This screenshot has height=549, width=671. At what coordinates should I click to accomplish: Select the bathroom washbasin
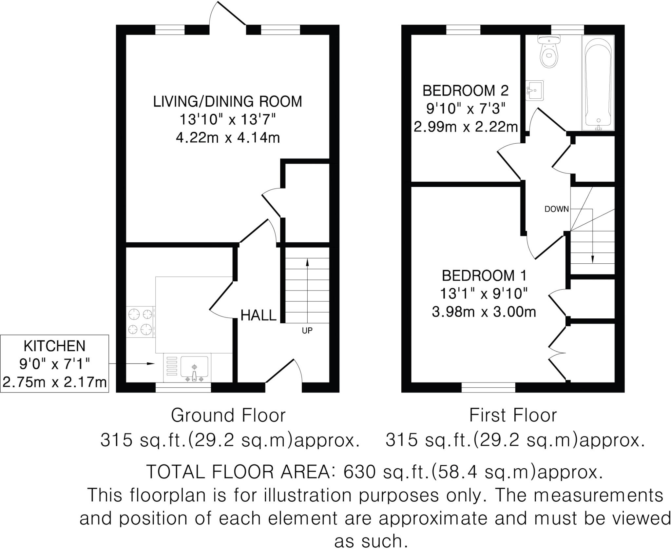click(x=535, y=89)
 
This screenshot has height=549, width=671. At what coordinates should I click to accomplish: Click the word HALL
click(x=259, y=315)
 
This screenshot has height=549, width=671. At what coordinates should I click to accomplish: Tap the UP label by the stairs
click(x=307, y=331)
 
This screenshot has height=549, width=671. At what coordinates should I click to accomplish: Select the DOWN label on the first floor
click(x=557, y=209)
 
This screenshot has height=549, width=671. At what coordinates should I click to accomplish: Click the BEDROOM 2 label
click(x=465, y=91)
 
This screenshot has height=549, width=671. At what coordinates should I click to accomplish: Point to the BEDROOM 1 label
click(x=484, y=275)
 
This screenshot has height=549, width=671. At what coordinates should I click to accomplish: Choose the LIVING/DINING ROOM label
click(x=228, y=101)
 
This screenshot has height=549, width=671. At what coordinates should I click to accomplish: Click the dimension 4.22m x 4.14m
click(x=228, y=138)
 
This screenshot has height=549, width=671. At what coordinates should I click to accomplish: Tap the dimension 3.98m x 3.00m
click(x=484, y=312)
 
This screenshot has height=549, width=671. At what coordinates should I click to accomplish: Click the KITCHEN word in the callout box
click(x=54, y=346)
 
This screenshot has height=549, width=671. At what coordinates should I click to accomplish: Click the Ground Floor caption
click(x=228, y=415)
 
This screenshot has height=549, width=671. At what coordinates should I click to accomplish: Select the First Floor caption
click(x=513, y=415)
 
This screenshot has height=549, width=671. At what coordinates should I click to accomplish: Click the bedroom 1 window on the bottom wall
click(x=488, y=387)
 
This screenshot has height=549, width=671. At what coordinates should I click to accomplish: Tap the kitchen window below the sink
click(x=183, y=387)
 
